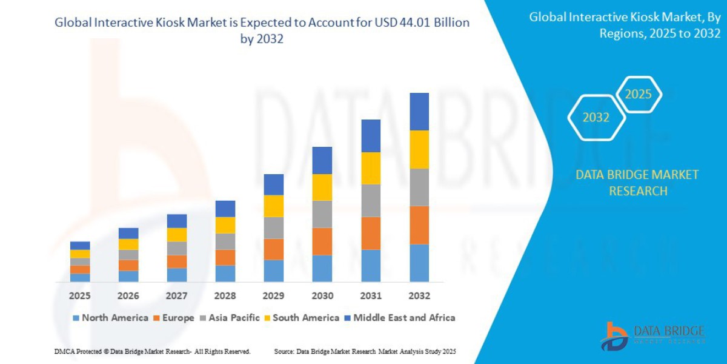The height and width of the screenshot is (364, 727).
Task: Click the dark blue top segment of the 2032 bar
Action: [x=419, y=112]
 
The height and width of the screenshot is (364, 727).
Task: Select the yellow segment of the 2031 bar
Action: [x=371, y=168]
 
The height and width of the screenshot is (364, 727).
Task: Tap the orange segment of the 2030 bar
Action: [x=322, y=241]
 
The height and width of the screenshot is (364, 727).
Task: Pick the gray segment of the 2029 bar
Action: [x=274, y=228]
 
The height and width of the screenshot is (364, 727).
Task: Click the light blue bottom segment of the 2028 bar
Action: [x=225, y=274]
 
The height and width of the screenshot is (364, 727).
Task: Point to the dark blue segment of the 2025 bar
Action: [x=80, y=246]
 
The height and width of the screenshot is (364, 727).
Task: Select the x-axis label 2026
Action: [x=128, y=296]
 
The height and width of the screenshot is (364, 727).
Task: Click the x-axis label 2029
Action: [x=274, y=296]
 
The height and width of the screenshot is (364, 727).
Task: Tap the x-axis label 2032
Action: [x=419, y=296]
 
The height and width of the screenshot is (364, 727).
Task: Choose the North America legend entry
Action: [x=110, y=318]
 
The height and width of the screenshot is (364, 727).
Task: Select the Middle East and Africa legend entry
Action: [x=399, y=318]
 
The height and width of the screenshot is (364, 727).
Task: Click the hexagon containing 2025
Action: [x=638, y=95]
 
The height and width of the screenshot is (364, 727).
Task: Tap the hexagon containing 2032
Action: [x=596, y=118]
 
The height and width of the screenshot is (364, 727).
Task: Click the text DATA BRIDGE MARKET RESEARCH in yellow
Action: [x=637, y=183]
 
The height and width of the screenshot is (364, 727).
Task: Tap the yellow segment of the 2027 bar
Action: [x=177, y=235]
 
